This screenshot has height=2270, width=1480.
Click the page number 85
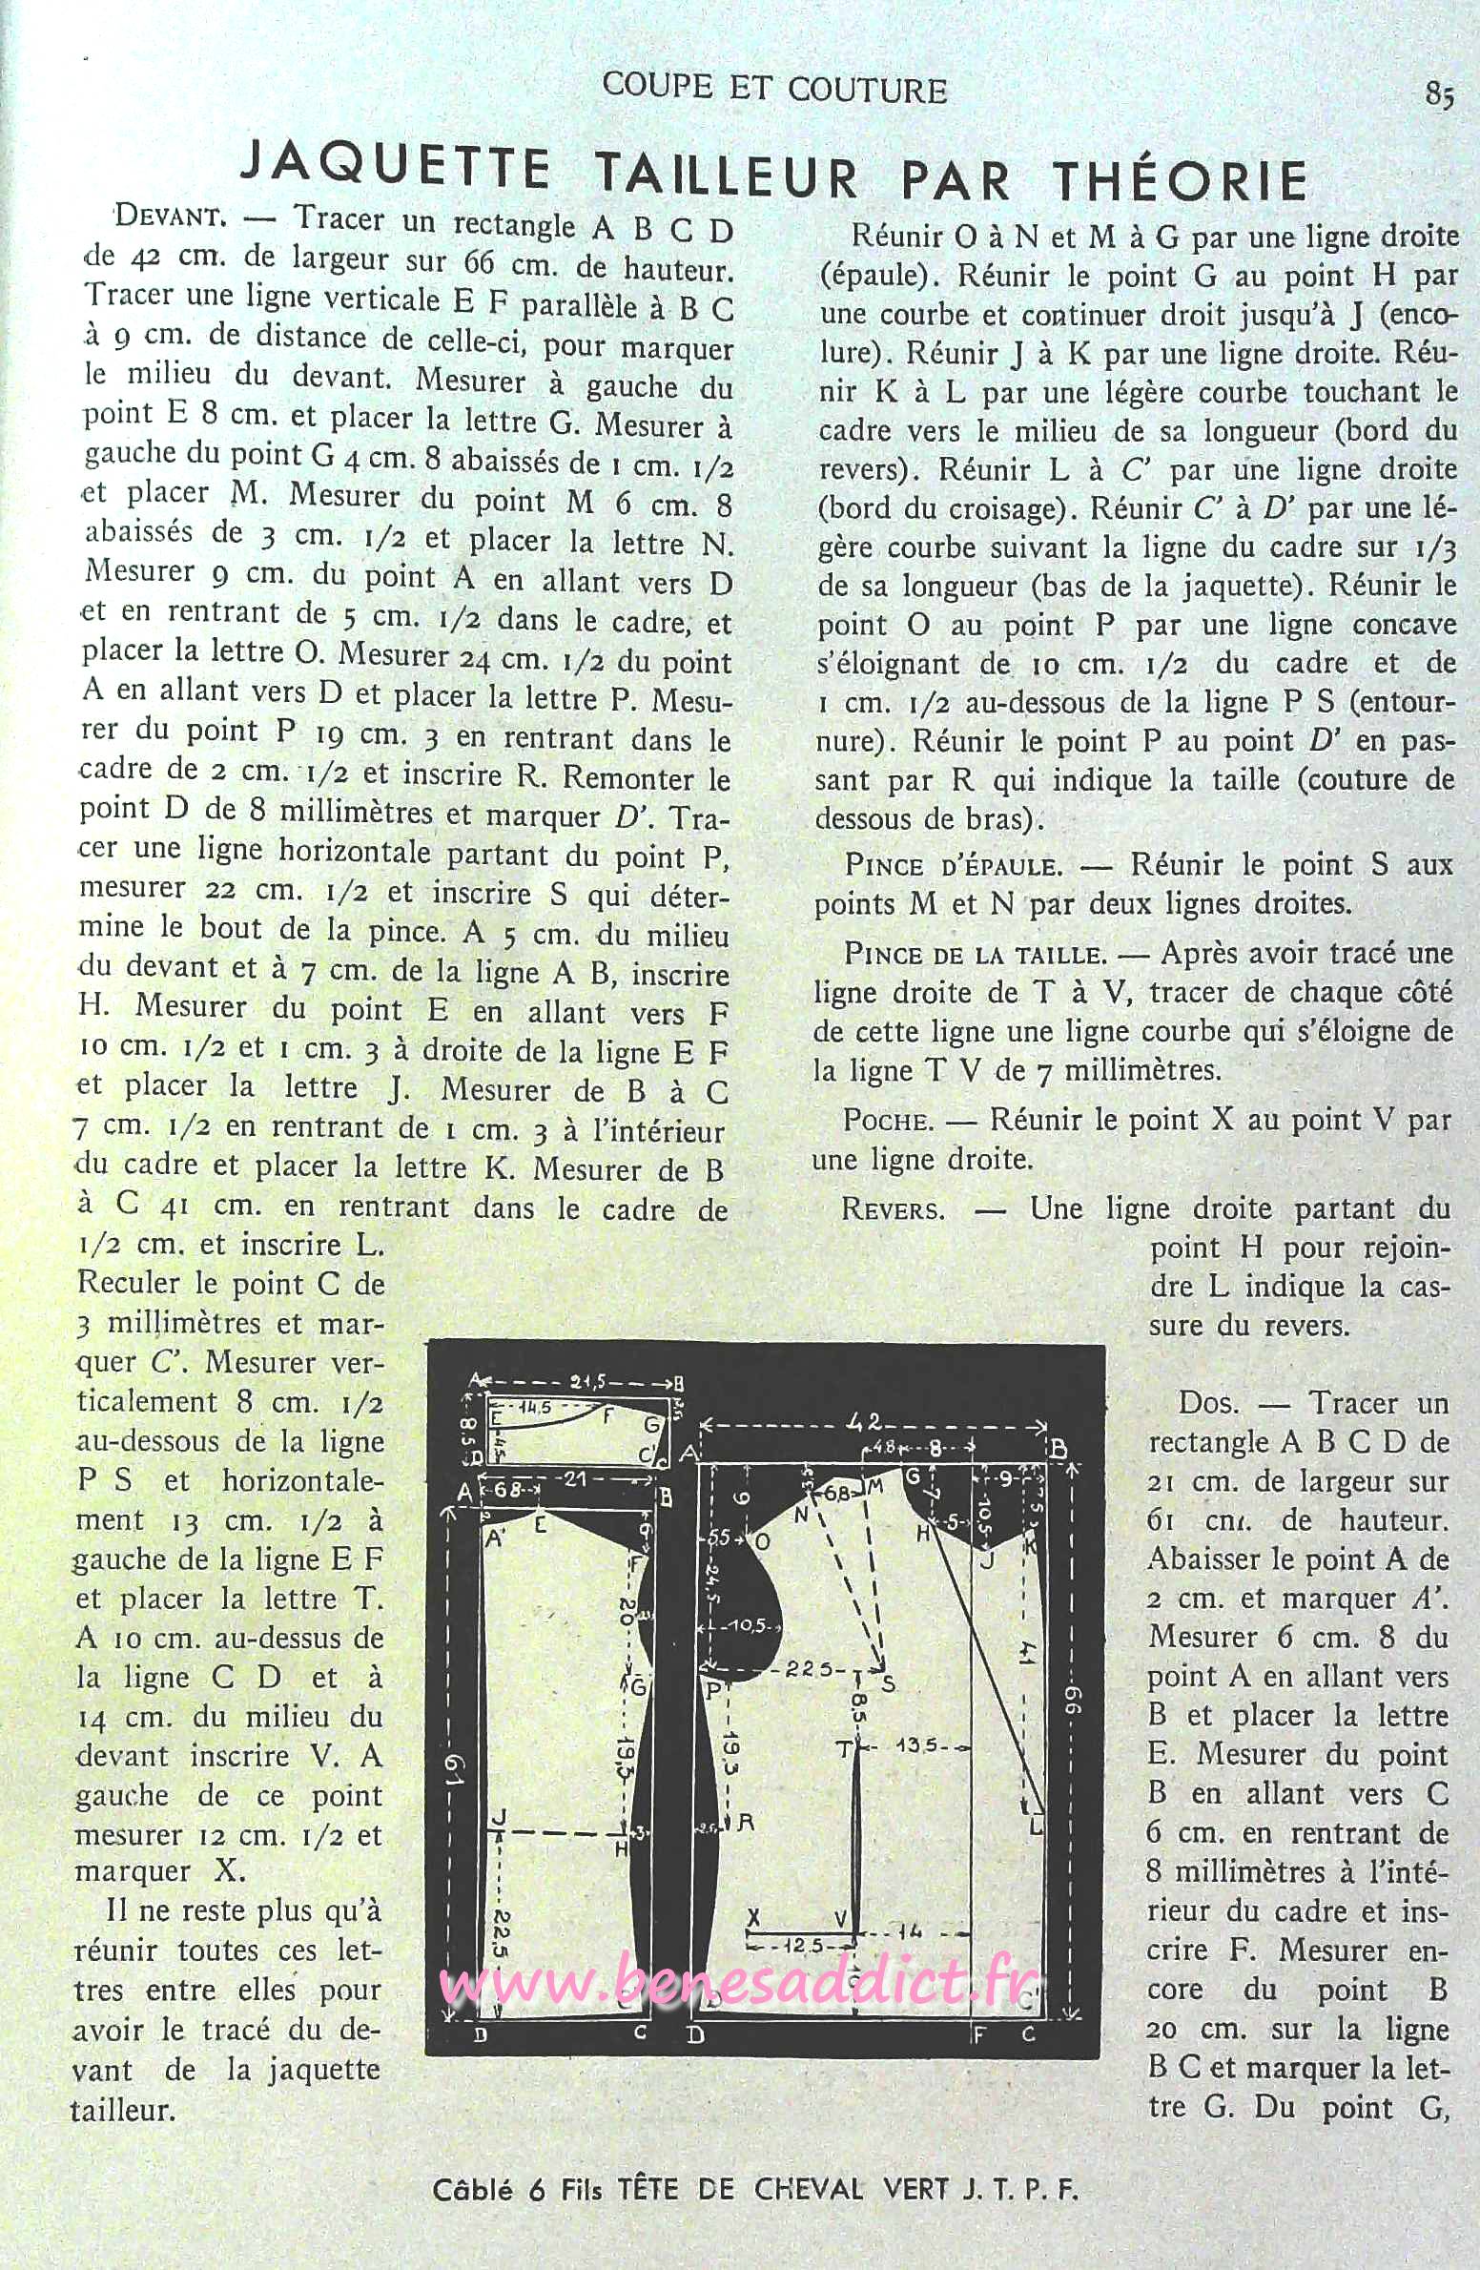pyautogui.click(x=1439, y=94)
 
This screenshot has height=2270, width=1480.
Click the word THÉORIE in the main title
pyautogui.click(x=1180, y=180)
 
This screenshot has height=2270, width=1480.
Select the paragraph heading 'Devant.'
pyautogui.click(x=170, y=216)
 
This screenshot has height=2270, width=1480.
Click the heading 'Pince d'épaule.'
pyautogui.click(x=953, y=867)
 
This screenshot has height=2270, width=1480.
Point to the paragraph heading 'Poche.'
pyautogui.click(x=888, y=1121)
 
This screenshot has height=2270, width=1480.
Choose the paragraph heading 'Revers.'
pyautogui.click(x=893, y=1210)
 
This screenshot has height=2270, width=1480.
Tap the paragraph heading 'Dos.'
pyautogui.click(x=1209, y=1403)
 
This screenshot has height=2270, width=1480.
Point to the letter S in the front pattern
pyautogui.click(x=889, y=1683)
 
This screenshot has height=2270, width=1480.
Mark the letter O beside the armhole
pyautogui.click(x=762, y=1541)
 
